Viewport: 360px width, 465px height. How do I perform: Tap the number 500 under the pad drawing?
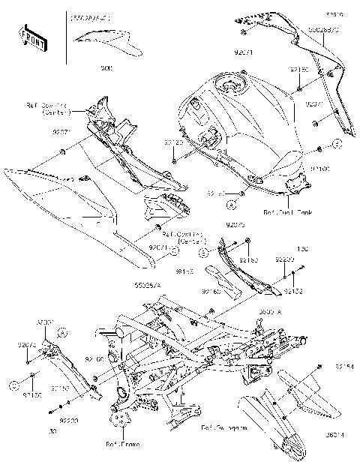click(x=106, y=68)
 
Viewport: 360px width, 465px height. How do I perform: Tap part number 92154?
click(x=344, y=367)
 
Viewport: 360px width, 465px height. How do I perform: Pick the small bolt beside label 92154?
click(x=320, y=366)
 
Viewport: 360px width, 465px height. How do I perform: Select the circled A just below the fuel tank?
click(x=232, y=203)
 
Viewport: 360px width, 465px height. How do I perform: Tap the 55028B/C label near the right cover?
click(x=323, y=28)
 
